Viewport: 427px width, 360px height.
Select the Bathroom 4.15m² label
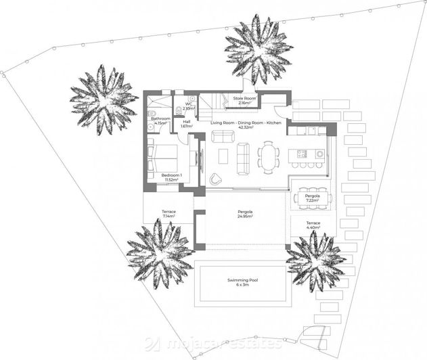[160, 121]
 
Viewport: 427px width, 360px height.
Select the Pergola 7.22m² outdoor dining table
[313, 197]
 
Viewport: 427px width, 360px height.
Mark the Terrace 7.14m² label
[168, 215]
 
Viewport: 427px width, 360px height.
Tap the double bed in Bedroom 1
[162, 157]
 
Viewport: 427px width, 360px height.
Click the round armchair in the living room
[216, 179]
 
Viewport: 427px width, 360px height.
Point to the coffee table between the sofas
[223, 156]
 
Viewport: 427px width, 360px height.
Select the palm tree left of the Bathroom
[103, 100]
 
